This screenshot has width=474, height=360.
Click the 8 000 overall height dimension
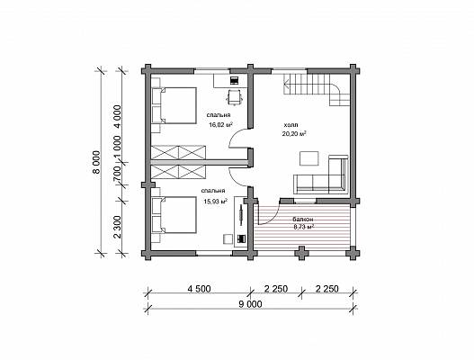96,163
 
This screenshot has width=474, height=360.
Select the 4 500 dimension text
199,289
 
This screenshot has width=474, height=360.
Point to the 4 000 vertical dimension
118,117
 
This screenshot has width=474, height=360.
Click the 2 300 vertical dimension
118,227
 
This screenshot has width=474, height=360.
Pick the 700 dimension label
118,175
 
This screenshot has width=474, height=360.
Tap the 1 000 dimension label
118,148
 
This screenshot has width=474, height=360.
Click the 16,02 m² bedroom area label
220,124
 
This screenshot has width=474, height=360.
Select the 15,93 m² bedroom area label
216,201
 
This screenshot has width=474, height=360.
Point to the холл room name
291,125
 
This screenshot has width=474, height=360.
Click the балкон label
302,219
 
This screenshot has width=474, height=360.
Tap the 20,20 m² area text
294,133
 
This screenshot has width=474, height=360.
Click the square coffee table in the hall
309,158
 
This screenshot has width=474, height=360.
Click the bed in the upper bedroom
174,105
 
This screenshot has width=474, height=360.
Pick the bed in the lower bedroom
174,215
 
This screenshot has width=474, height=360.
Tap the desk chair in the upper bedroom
235,96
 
